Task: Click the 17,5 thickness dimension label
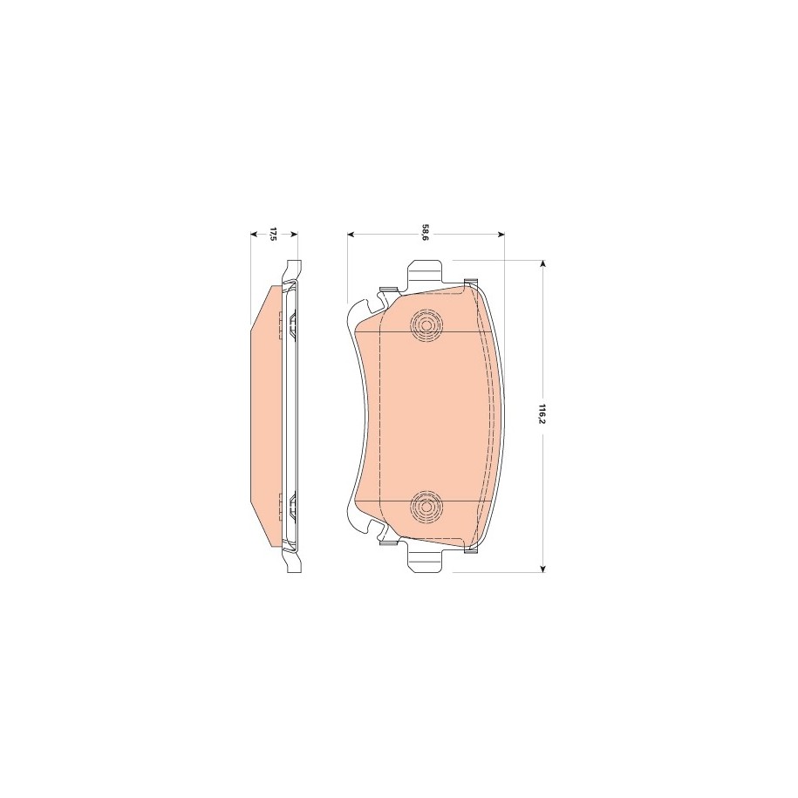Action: [272, 235]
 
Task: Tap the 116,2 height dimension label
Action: [543, 414]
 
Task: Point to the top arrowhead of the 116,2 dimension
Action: [543, 264]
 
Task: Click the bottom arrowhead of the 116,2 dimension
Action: [543, 568]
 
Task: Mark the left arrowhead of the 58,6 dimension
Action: [351, 235]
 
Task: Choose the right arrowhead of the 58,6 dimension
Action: [501, 235]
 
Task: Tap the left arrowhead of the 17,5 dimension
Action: [256, 235]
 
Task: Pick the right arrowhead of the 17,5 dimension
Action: [294, 235]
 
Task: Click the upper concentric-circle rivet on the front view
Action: [426, 324]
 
